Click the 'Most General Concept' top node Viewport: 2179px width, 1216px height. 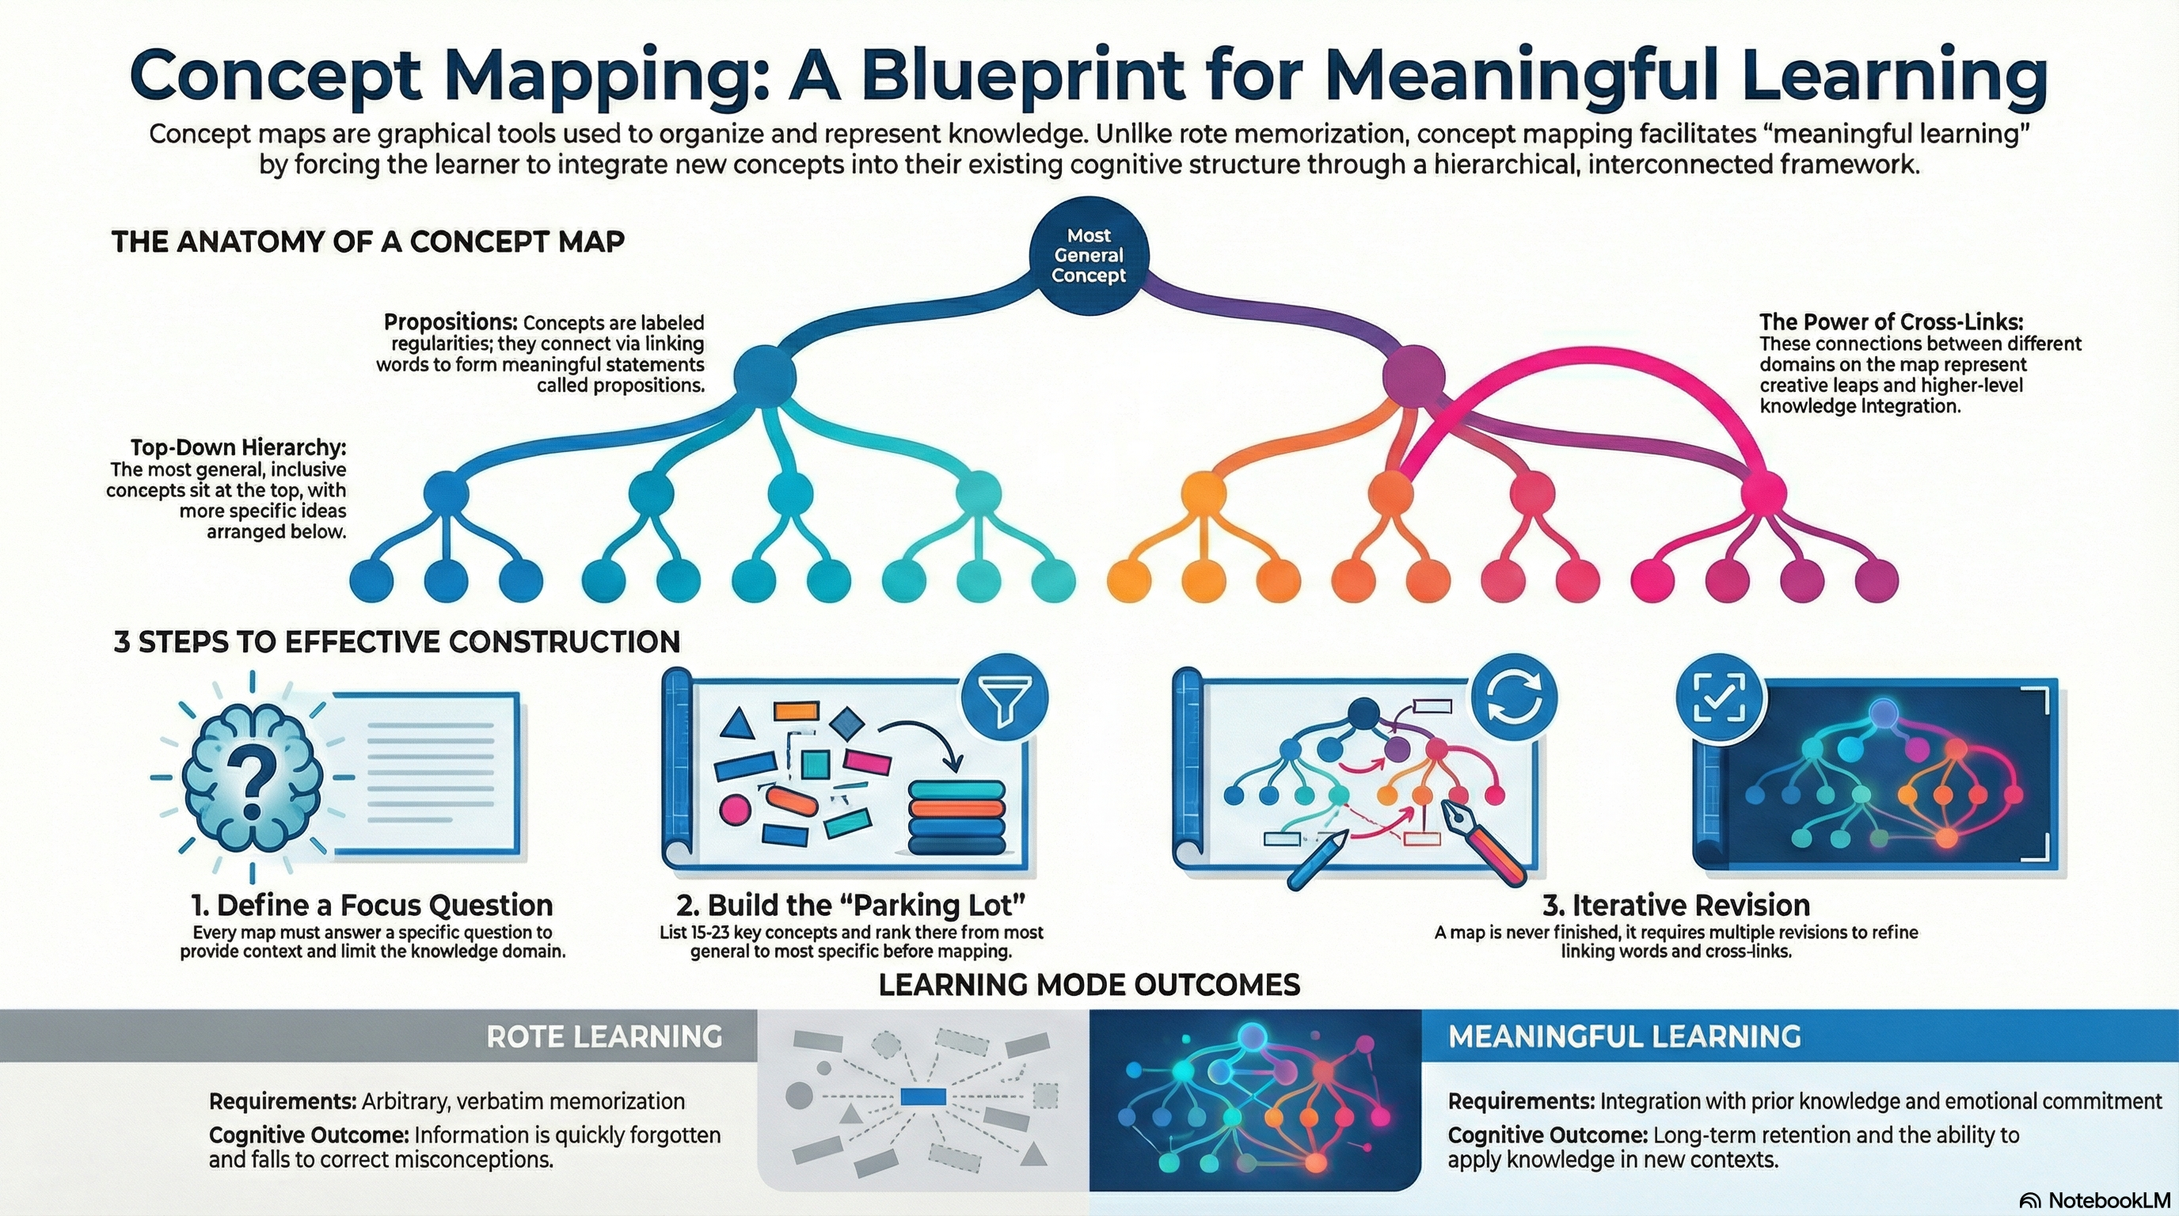click(1089, 256)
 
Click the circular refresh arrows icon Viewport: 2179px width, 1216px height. click(1514, 702)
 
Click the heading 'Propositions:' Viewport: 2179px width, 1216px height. click(450, 322)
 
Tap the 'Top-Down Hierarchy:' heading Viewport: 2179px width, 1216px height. click(238, 447)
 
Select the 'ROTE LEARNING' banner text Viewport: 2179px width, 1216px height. click(604, 1037)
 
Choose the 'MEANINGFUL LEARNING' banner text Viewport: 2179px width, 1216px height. click(1624, 1037)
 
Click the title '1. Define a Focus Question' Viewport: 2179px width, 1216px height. click(372, 906)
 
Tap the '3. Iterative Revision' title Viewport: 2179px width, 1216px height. click(1675, 906)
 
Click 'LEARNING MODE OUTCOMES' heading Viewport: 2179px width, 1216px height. click(1089, 985)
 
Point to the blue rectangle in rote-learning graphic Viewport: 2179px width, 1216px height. click(923, 1097)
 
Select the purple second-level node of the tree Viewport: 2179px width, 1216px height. click(1413, 373)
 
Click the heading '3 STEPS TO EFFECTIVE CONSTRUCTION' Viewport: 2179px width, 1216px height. click(397, 643)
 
